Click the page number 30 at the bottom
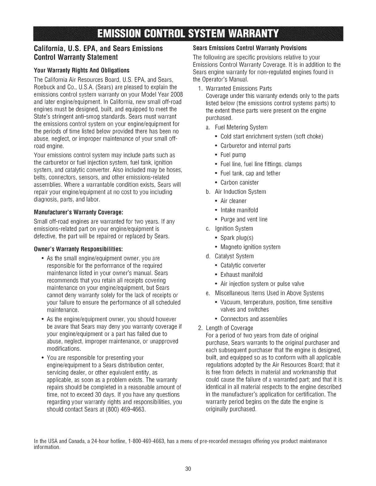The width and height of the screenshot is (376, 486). pos(188,469)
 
